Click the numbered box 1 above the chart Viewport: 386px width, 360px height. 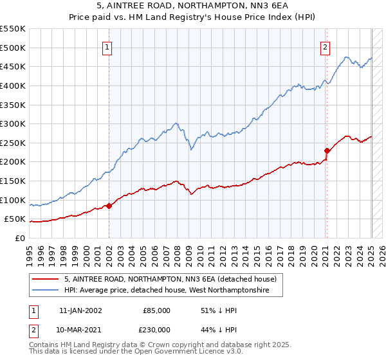click(x=106, y=46)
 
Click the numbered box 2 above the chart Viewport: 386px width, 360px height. click(x=326, y=46)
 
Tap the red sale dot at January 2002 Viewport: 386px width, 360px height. click(x=109, y=206)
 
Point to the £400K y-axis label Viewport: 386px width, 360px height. click(x=13, y=85)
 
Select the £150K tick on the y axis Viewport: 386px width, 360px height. click(x=13, y=181)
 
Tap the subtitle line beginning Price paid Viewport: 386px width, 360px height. click(x=192, y=19)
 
